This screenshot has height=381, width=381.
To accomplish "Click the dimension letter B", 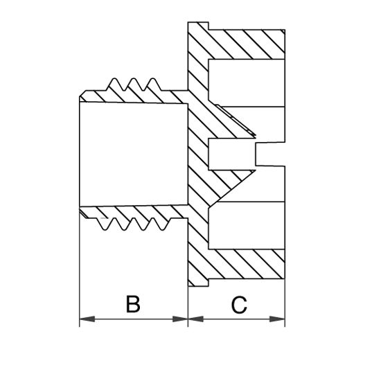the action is (133, 303).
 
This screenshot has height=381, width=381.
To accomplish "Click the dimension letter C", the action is (240, 305).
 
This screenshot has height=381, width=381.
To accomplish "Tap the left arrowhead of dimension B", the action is (87, 319).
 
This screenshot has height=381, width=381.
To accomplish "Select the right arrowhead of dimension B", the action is (180, 319).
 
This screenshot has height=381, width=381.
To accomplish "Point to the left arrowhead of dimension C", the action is (196, 319).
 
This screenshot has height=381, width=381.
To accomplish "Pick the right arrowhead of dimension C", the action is (277, 319).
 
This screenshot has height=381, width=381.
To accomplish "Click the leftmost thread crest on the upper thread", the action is (114, 79).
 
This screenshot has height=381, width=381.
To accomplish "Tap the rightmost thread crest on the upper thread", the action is (152, 79).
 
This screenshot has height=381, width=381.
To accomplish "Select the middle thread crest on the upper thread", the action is (133, 79).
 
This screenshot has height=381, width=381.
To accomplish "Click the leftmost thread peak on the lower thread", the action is (105, 229).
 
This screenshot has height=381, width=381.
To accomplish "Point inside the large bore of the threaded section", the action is (134, 154).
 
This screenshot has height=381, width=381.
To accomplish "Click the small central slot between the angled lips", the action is (232, 154).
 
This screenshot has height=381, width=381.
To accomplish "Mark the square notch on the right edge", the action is (270, 154).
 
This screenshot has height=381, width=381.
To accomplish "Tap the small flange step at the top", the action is (198, 26).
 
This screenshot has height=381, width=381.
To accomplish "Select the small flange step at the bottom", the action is (198, 283).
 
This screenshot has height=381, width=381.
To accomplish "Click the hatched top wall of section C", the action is (247, 44).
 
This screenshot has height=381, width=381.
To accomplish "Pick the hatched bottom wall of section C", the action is (247, 264).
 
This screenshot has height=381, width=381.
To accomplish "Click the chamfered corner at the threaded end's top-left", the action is (83, 94).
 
